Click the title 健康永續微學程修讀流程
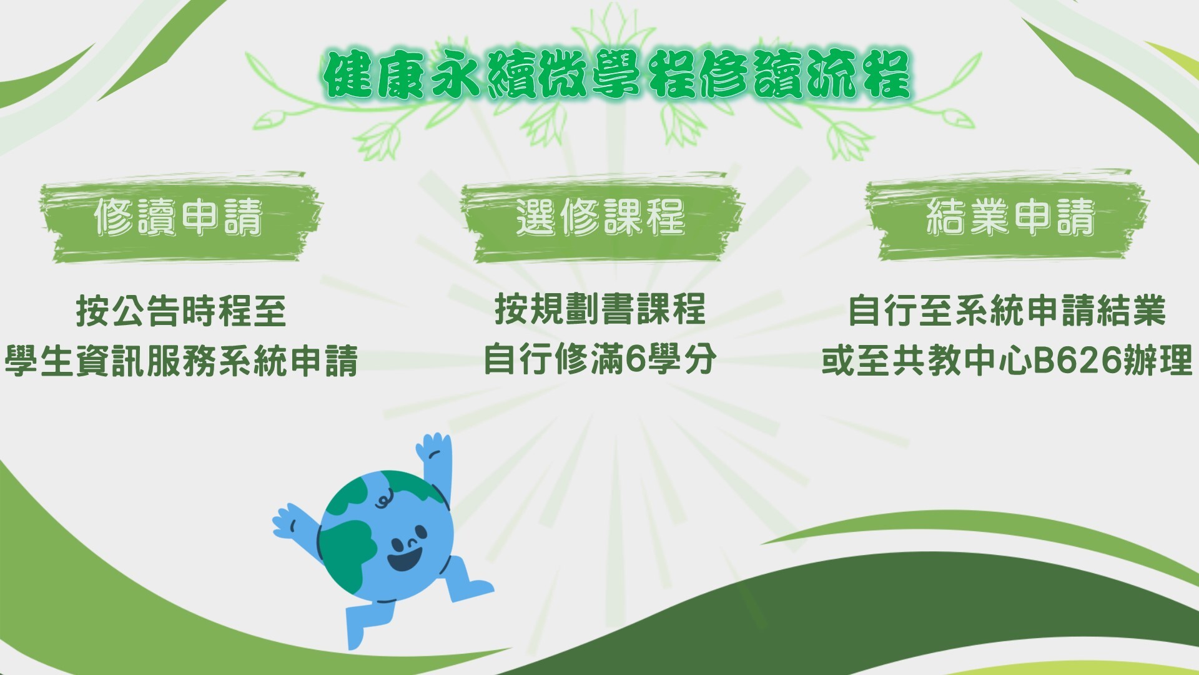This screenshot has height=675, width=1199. (617, 75)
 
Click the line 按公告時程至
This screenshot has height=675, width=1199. (181, 311)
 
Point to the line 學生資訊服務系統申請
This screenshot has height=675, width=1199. (181, 361)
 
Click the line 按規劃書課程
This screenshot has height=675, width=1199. (600, 309)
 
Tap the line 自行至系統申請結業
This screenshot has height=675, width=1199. (1007, 311)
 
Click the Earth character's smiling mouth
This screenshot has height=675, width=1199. (404, 557)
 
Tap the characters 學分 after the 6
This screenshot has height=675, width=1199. (681, 359)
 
